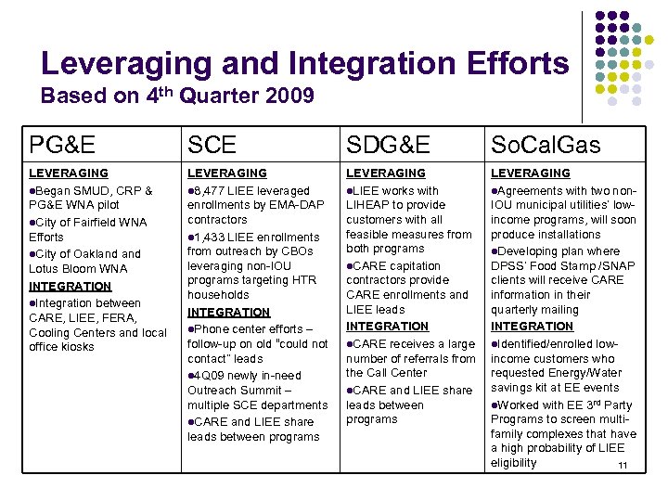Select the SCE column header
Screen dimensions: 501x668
point(212,145)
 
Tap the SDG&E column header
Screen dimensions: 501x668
point(388,145)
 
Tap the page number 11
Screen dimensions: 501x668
point(623,465)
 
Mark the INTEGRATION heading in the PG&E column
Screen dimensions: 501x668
point(70,286)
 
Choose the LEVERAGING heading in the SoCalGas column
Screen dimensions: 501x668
point(532,173)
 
